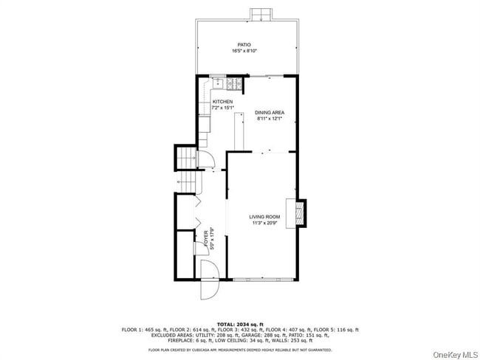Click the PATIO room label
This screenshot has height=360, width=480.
(244, 44)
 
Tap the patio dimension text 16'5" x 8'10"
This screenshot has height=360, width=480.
(244, 51)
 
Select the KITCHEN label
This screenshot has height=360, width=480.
(222, 102)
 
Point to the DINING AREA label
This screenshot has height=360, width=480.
(270, 112)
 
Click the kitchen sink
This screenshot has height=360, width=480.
(218, 83)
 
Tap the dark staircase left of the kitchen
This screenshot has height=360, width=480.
(185, 157)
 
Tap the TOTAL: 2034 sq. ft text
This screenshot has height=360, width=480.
(241, 324)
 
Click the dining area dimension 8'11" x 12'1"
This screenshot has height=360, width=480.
(270, 119)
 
